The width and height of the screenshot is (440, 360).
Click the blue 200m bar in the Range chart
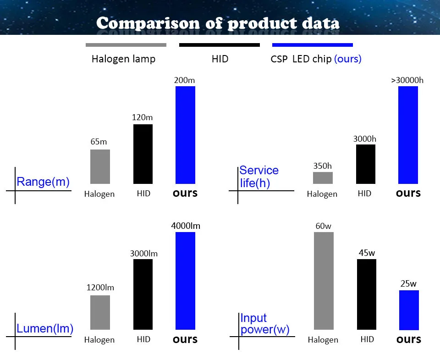coord(185,135)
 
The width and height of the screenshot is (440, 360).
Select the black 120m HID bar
coord(143,154)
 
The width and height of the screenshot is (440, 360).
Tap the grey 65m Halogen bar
coord(100,166)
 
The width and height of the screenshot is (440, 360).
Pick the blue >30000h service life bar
coord(408,135)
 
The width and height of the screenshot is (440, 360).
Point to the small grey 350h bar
coord(323,178)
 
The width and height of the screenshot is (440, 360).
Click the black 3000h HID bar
coord(365,164)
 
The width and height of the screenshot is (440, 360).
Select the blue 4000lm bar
coord(185,281)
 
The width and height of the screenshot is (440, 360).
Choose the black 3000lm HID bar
coord(143,294)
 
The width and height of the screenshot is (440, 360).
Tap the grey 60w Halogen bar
coord(324,281)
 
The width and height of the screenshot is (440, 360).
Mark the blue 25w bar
coord(409,310)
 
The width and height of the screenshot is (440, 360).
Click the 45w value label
coord(367,253)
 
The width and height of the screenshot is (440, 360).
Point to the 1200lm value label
coord(100,288)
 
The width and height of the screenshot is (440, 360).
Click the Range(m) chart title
coord(43,182)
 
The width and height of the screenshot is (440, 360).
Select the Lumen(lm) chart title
coord(45,328)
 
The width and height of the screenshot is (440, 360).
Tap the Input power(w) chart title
coord(264,324)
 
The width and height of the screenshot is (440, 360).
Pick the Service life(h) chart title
coord(258,177)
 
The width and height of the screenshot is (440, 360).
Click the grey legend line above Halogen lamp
coord(126,45)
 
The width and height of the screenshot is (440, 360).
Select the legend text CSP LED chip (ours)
coord(316,59)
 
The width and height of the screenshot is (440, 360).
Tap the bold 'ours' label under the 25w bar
coord(408,339)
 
